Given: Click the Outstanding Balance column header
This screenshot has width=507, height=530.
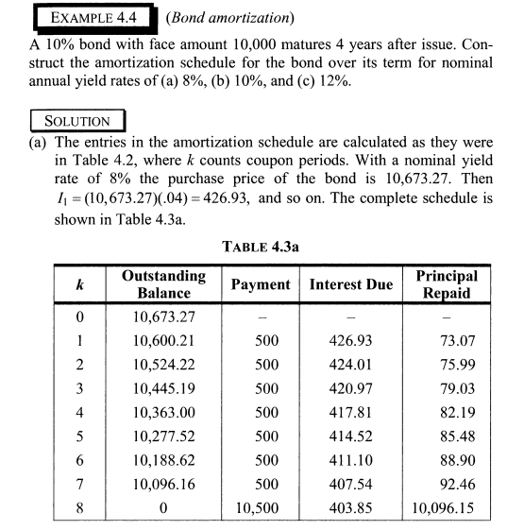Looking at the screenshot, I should click(163, 284).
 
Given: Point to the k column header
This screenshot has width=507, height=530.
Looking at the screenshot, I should click(81, 284).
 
